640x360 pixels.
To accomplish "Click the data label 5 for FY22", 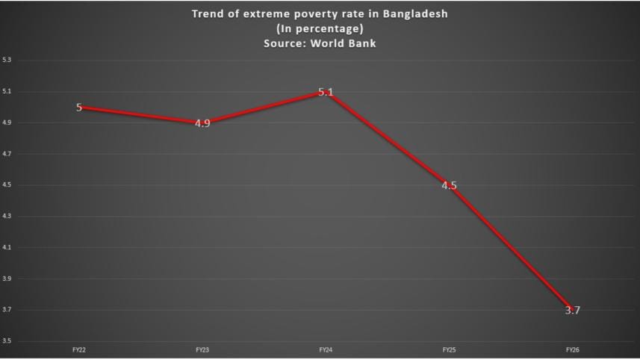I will [79, 108].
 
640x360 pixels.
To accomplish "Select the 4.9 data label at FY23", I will [202, 123].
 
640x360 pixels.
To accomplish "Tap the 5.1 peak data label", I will [326, 92].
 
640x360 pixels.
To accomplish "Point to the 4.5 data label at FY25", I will [449, 186].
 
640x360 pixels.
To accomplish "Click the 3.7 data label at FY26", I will [572, 310].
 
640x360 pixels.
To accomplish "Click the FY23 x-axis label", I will [202, 349].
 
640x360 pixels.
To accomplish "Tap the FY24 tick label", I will [325, 349].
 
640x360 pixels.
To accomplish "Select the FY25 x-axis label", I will [448, 349].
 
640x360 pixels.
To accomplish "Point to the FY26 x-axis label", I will [571, 349].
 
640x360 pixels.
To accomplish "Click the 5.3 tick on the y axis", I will [7, 60].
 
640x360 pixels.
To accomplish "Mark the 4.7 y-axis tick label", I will [7, 154].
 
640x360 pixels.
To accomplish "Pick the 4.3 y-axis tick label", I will [7, 217].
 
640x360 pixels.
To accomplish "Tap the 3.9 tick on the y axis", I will [7, 279].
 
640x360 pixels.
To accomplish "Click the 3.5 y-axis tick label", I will [7, 341].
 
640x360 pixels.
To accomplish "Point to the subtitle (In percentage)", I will [320, 28].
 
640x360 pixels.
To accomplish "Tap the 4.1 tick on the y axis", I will [7, 247].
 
